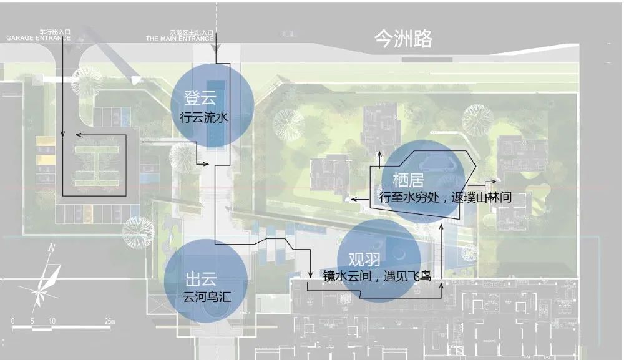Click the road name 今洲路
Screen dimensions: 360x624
coord(402,39)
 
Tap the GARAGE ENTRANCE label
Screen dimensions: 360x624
coord(38,37)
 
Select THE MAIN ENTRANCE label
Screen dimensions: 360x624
coord(180,37)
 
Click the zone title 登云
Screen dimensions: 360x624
coord(198,98)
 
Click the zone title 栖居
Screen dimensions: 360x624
coord(408,180)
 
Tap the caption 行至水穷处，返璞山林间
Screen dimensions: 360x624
coord(445,197)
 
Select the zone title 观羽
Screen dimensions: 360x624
coord(364,258)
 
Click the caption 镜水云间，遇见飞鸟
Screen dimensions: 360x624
coord(377,275)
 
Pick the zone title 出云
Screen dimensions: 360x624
coord(201,279)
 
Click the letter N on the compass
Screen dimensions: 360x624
coord(52,248)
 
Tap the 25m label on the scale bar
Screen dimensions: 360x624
coord(110,321)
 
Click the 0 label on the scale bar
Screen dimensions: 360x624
coord(13,321)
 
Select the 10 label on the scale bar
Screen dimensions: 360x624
coord(52,321)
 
